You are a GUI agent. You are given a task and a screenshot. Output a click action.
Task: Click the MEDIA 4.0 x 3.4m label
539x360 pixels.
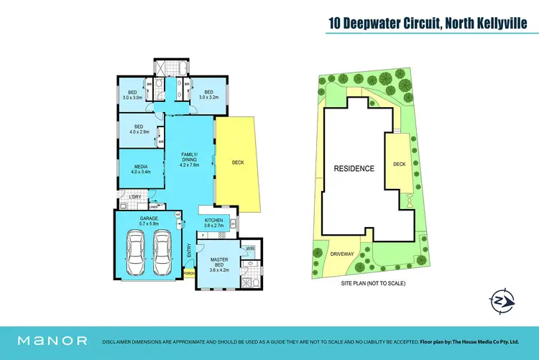(x=139, y=170)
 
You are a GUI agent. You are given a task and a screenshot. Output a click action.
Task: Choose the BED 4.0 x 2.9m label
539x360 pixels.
(x=139, y=129)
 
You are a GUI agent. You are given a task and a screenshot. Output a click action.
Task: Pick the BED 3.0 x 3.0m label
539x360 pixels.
(x=133, y=95)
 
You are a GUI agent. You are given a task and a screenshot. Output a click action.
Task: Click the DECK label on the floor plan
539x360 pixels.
(x=238, y=162)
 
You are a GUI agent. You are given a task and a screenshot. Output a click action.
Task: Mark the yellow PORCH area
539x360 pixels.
(x=190, y=272)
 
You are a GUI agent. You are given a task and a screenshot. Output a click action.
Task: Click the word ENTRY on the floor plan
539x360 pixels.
(x=189, y=251)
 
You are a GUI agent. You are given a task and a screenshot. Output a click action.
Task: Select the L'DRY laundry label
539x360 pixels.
(x=134, y=197)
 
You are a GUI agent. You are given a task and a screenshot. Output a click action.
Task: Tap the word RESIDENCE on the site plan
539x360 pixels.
(x=354, y=169)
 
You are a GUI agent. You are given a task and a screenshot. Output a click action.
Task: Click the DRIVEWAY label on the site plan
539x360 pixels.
(x=342, y=254)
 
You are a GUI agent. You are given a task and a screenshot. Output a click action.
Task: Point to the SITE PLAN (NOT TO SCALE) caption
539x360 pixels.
(x=373, y=284)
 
